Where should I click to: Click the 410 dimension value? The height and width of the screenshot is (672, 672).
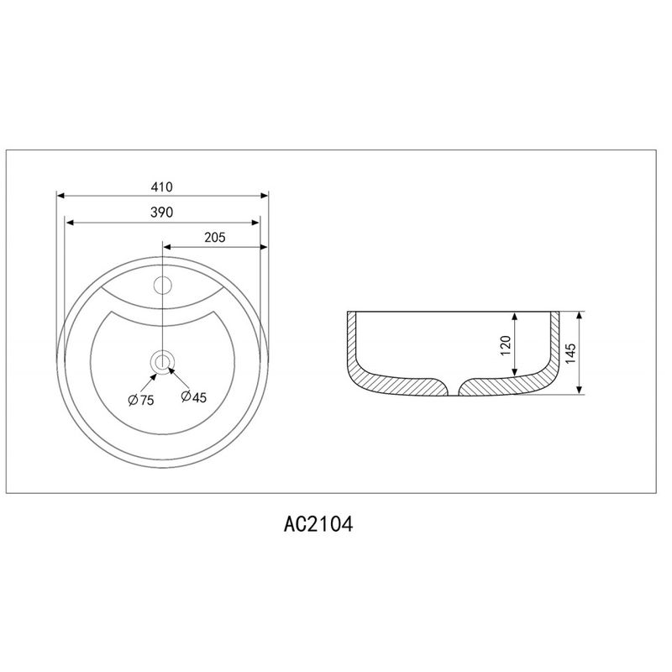[x=161, y=186]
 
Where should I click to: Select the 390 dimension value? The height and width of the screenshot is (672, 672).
[x=161, y=213]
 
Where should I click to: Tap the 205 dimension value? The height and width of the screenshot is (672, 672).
[x=215, y=237]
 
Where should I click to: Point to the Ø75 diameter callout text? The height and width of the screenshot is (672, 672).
[x=141, y=401]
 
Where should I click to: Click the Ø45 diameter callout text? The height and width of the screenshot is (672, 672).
[x=194, y=397]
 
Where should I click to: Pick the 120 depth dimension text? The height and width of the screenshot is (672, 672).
[x=507, y=345]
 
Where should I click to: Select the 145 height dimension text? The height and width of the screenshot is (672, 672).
[x=570, y=353]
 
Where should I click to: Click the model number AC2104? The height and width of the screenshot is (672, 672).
[x=318, y=523]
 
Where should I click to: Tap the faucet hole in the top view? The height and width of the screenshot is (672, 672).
[x=162, y=285]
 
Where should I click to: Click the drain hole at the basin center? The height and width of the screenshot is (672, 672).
[x=162, y=362]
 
